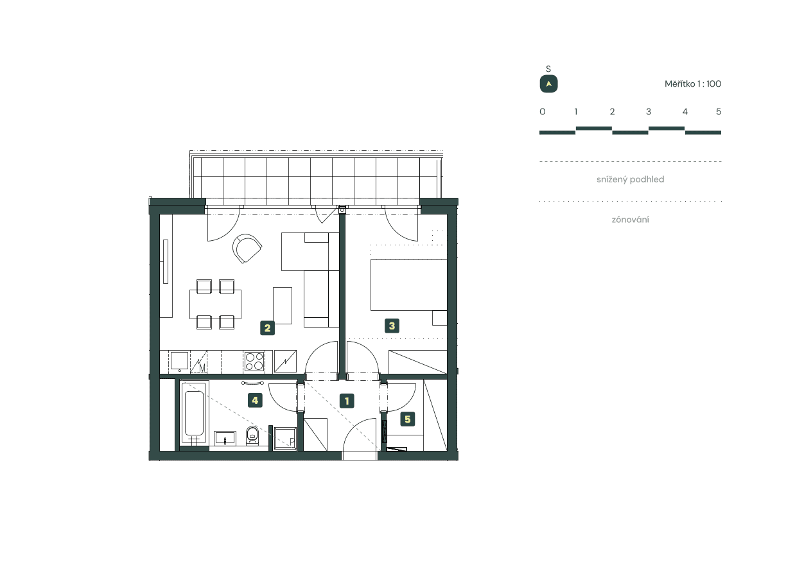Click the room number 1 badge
[x=347, y=401]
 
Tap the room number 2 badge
[x=268, y=328]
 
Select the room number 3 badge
[x=392, y=326]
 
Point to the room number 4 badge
[x=256, y=401]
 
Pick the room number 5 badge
[x=407, y=420]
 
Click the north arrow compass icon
[x=548, y=84]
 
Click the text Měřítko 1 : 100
[x=693, y=83]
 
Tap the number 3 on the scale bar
[x=649, y=112]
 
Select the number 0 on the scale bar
[x=543, y=112]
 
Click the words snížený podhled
[x=630, y=180]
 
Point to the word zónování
[x=630, y=220]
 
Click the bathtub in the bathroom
[x=194, y=413]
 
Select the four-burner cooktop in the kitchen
[x=254, y=361]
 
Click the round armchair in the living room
[x=248, y=249]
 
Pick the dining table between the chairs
[x=216, y=304]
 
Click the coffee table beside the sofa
[x=283, y=306]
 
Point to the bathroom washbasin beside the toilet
[x=225, y=438]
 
